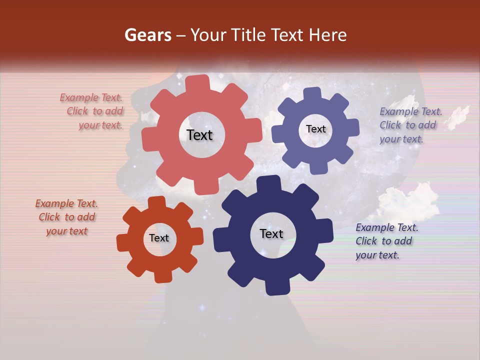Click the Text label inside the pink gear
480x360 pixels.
point(199,135)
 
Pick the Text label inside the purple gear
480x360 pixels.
point(315,129)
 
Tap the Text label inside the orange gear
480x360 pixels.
point(159,238)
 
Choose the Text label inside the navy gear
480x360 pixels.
point(271,234)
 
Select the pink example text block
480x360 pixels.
point(92,111)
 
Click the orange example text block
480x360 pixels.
point(66,217)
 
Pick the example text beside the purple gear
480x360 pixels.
point(410,125)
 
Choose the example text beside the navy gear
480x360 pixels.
point(386,241)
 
